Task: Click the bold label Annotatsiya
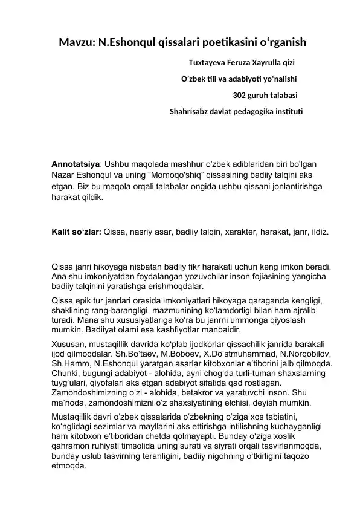click(x=75, y=164)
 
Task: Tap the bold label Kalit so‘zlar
click(x=76, y=232)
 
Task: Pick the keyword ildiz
click(x=319, y=232)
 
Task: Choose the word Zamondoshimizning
click(x=90, y=392)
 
